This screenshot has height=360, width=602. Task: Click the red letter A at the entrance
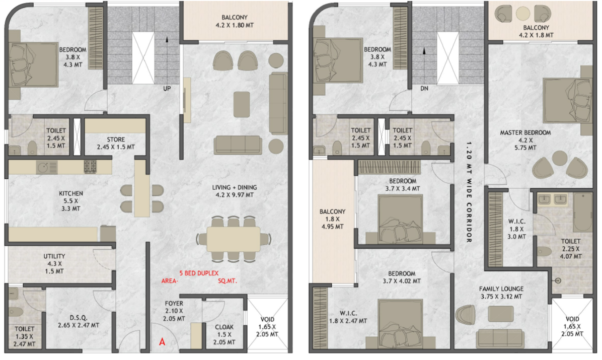click(162, 341)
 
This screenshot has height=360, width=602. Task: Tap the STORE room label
click(116, 139)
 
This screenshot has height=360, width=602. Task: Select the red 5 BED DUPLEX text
click(199, 273)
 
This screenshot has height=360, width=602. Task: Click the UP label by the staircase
click(167, 89)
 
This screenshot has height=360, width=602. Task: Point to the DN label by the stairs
click(424, 89)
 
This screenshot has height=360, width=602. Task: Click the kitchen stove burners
click(90, 167)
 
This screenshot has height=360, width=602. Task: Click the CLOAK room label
click(224, 327)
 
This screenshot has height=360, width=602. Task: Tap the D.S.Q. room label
click(79, 318)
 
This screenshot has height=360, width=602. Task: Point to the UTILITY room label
click(54, 256)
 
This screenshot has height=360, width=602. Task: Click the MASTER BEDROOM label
click(525, 132)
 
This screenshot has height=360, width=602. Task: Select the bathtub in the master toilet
click(582, 212)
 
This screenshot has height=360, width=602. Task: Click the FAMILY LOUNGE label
click(501, 289)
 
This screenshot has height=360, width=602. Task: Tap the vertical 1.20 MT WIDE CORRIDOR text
click(469, 192)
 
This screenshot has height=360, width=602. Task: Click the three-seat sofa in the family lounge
click(500, 339)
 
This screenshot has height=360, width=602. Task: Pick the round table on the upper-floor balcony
click(523, 14)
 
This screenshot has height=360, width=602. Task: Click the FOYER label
click(174, 304)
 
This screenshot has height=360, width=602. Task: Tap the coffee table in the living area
click(242, 104)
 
